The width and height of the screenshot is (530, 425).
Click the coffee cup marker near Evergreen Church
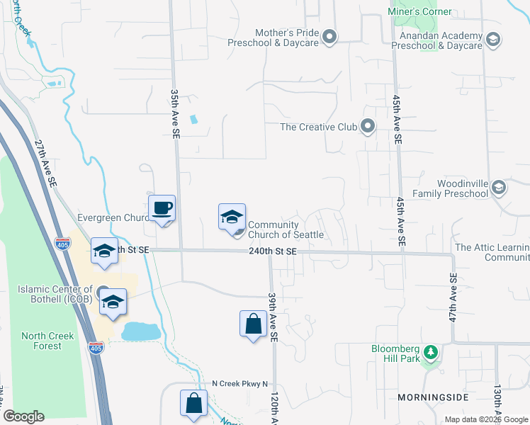coord(162,208)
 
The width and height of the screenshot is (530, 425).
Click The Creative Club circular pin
coord(367,127)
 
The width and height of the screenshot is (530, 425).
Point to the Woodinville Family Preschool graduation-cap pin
coord(499,187)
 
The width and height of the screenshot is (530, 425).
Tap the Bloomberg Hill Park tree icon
coord(429,352)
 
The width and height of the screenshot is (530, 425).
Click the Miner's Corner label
coord(420,12)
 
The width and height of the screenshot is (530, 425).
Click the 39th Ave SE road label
coord(271,316)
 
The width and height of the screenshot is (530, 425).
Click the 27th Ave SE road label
coord(46,162)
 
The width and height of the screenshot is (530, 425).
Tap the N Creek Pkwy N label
coord(241,384)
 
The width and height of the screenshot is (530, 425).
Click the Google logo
coord(23,416)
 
